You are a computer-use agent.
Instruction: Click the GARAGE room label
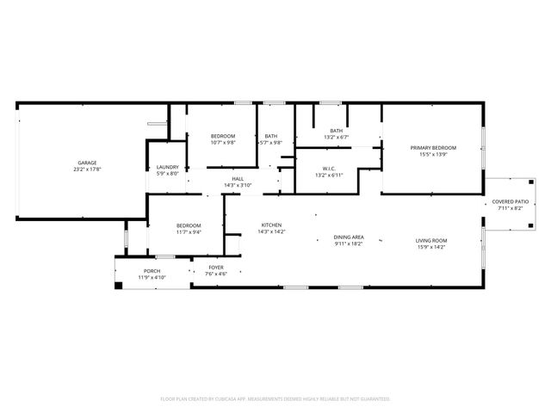pyautogui.click(x=86, y=163)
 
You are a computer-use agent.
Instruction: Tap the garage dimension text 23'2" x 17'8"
pyautogui.click(x=86, y=169)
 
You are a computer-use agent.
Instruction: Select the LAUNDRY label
pyautogui.click(x=167, y=167)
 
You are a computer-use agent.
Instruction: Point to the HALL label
pyautogui.click(x=237, y=179)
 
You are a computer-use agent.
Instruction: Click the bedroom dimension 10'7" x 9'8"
pyautogui.click(x=224, y=143)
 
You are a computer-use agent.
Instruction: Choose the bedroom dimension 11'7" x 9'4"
pyautogui.click(x=189, y=231)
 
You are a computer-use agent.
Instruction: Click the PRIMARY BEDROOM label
pyautogui.click(x=433, y=148)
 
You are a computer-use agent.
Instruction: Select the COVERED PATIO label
pyautogui.click(x=511, y=202)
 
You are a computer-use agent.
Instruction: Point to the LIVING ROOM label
pyautogui.click(x=431, y=241)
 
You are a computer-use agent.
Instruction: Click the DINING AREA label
pyautogui.click(x=349, y=237)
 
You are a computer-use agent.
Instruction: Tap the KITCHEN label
pyautogui.click(x=272, y=225)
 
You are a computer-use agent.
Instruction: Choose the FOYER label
pyautogui.click(x=217, y=268)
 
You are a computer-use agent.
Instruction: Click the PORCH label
pyautogui.click(x=152, y=272)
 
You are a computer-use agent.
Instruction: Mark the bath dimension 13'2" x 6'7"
pyautogui.click(x=336, y=137)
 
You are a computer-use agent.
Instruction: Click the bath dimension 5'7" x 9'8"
pyautogui.click(x=271, y=143)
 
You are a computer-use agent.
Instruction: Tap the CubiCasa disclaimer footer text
pyautogui.click(x=275, y=398)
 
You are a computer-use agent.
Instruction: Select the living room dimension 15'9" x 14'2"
pyautogui.click(x=431, y=247)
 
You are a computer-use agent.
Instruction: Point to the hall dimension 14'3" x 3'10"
pyautogui.click(x=237, y=185)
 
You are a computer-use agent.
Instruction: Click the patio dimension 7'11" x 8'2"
pyautogui.click(x=511, y=208)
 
